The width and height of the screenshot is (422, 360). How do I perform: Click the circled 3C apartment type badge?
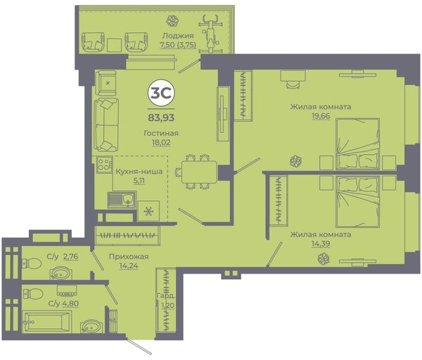161,93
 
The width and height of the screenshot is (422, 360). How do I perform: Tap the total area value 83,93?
161,117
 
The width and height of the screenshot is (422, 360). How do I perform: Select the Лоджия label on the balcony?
178,36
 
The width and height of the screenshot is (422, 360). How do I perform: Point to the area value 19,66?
321,116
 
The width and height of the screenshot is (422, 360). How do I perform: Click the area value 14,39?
321,244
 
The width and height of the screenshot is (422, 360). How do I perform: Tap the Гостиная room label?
161,133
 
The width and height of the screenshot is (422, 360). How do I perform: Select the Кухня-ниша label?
139,172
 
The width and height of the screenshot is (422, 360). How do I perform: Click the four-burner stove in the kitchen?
104,164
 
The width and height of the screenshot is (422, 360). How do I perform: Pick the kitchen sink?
122,200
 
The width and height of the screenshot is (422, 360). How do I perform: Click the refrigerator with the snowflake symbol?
148,211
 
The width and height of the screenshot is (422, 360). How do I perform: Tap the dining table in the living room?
199,172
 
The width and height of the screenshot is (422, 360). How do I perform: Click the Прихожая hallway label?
129,257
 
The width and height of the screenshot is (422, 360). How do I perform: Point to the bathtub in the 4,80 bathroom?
47,321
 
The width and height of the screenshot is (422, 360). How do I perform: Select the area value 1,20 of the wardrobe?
168,305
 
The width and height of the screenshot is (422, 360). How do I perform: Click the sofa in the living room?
106,124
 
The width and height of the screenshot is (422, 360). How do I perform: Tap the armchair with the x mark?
106,82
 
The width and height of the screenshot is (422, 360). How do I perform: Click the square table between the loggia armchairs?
115,45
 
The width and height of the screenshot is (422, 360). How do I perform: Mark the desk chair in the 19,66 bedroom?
293,84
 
